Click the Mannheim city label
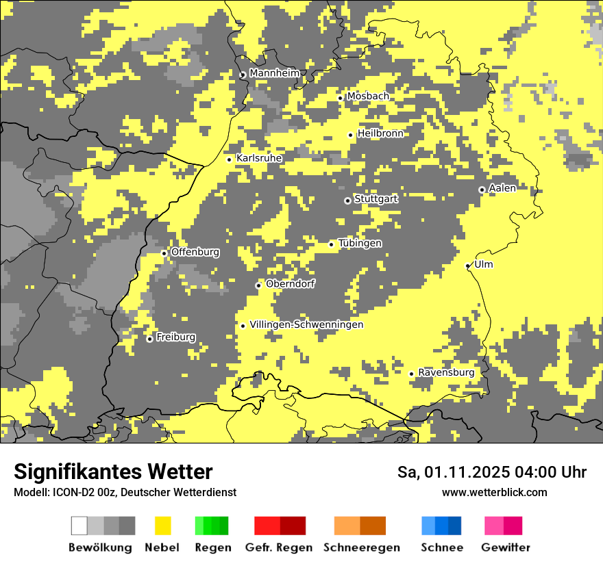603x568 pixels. [x=274, y=73]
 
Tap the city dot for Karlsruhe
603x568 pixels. [x=230, y=159]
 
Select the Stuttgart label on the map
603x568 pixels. [x=376, y=199]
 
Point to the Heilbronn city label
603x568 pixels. [x=380, y=133]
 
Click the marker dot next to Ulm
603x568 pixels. [x=468, y=266]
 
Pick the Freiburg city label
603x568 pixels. [x=175, y=337]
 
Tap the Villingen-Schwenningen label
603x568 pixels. [x=306, y=325]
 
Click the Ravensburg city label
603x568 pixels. [x=446, y=373]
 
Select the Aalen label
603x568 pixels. [x=502, y=188]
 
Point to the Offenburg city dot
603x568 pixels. [x=164, y=253]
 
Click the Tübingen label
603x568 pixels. [x=360, y=244]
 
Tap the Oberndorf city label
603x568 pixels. [x=290, y=284]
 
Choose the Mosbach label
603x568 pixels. [x=367, y=96]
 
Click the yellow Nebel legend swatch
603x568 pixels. [x=163, y=526]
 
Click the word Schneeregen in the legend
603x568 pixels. [x=361, y=547]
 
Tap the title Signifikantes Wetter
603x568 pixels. [x=113, y=472]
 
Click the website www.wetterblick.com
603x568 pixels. [x=494, y=493]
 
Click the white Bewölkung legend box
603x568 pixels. [x=79, y=526]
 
